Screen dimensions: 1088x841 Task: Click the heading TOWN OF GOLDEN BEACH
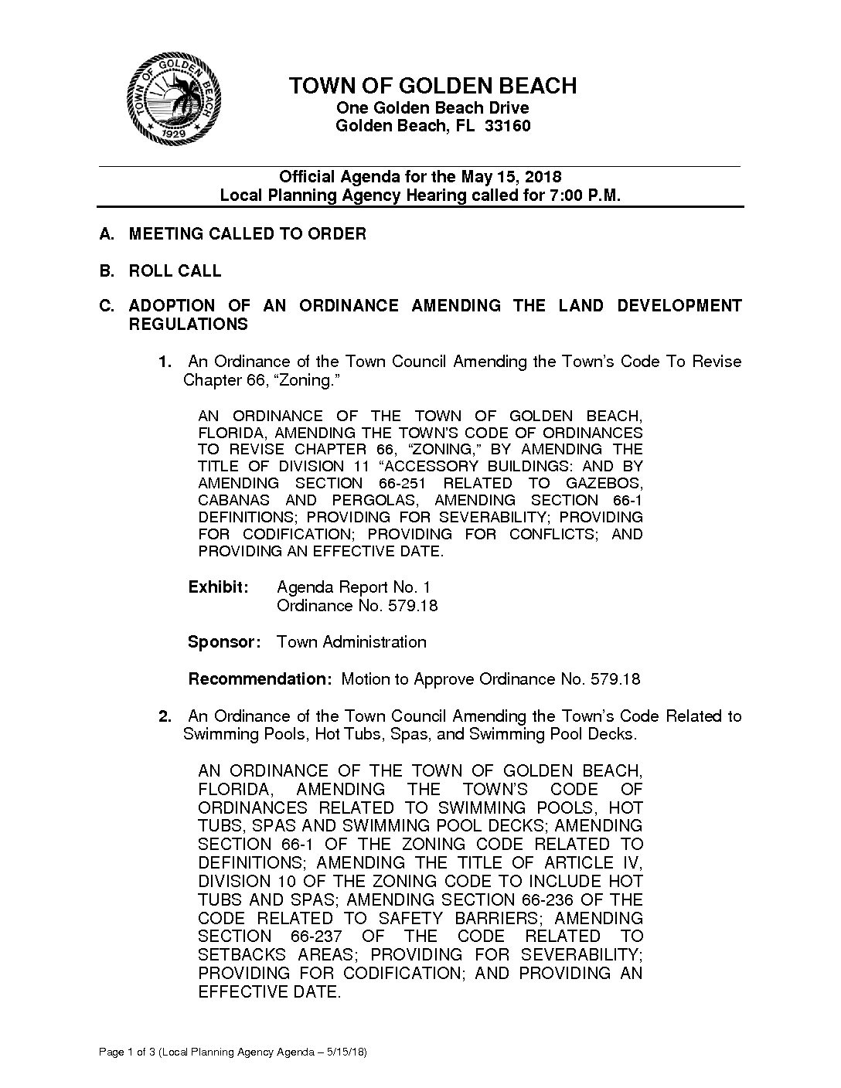click(x=432, y=86)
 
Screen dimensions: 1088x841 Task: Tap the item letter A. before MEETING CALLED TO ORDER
click(x=107, y=233)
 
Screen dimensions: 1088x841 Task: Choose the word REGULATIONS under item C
click(x=188, y=325)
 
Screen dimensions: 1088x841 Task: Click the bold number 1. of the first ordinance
click(x=165, y=362)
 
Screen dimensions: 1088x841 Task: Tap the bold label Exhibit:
click(x=219, y=587)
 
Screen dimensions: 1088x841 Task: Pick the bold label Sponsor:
click(x=223, y=642)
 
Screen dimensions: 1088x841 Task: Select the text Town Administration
click(x=351, y=642)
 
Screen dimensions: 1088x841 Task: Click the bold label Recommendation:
click(x=260, y=680)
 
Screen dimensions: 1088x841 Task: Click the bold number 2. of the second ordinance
click(x=165, y=716)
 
